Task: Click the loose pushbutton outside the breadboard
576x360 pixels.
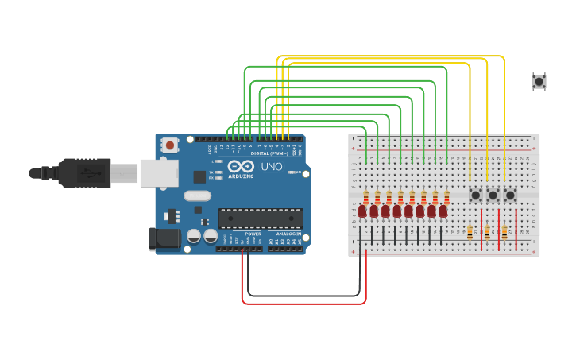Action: [539, 80]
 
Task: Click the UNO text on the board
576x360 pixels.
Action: [272, 168]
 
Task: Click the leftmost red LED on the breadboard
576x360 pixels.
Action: [362, 211]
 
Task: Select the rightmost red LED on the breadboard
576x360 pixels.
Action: [443, 211]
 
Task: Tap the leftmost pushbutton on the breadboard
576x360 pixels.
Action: [475, 195]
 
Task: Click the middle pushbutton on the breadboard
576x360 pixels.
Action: [493, 195]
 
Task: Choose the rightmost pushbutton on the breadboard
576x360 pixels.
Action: [510, 195]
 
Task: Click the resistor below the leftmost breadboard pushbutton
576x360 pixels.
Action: [470, 232]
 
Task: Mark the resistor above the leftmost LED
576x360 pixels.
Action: [365, 196]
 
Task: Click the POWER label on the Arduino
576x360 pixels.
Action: [253, 234]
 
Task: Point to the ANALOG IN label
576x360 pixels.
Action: [288, 234]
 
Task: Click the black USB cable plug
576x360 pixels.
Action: [79, 172]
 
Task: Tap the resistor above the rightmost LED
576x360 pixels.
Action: [446, 196]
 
